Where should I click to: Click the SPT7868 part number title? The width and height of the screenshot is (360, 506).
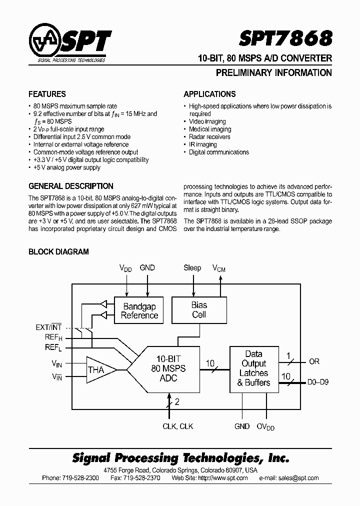coord(292,38)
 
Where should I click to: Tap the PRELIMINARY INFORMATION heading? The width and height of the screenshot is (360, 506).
coord(273,73)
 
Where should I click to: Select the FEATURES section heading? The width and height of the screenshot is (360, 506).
coord(47,94)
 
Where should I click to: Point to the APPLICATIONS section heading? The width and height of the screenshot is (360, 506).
coord(209,94)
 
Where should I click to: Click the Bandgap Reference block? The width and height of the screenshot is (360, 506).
coord(139,310)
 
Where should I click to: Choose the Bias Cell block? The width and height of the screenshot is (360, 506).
coord(199,309)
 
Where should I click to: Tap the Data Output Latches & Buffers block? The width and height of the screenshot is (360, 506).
coord(254,368)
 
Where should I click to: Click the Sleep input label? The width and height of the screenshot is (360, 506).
coord(192,268)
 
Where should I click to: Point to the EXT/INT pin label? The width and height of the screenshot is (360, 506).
coord(48,327)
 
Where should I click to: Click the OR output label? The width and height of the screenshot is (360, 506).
coord(314,361)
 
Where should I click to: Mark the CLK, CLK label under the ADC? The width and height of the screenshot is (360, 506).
coord(178,426)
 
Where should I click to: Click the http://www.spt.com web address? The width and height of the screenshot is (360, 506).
coord(223,478)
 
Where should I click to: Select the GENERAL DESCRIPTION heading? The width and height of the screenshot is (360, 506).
coord(71,186)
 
